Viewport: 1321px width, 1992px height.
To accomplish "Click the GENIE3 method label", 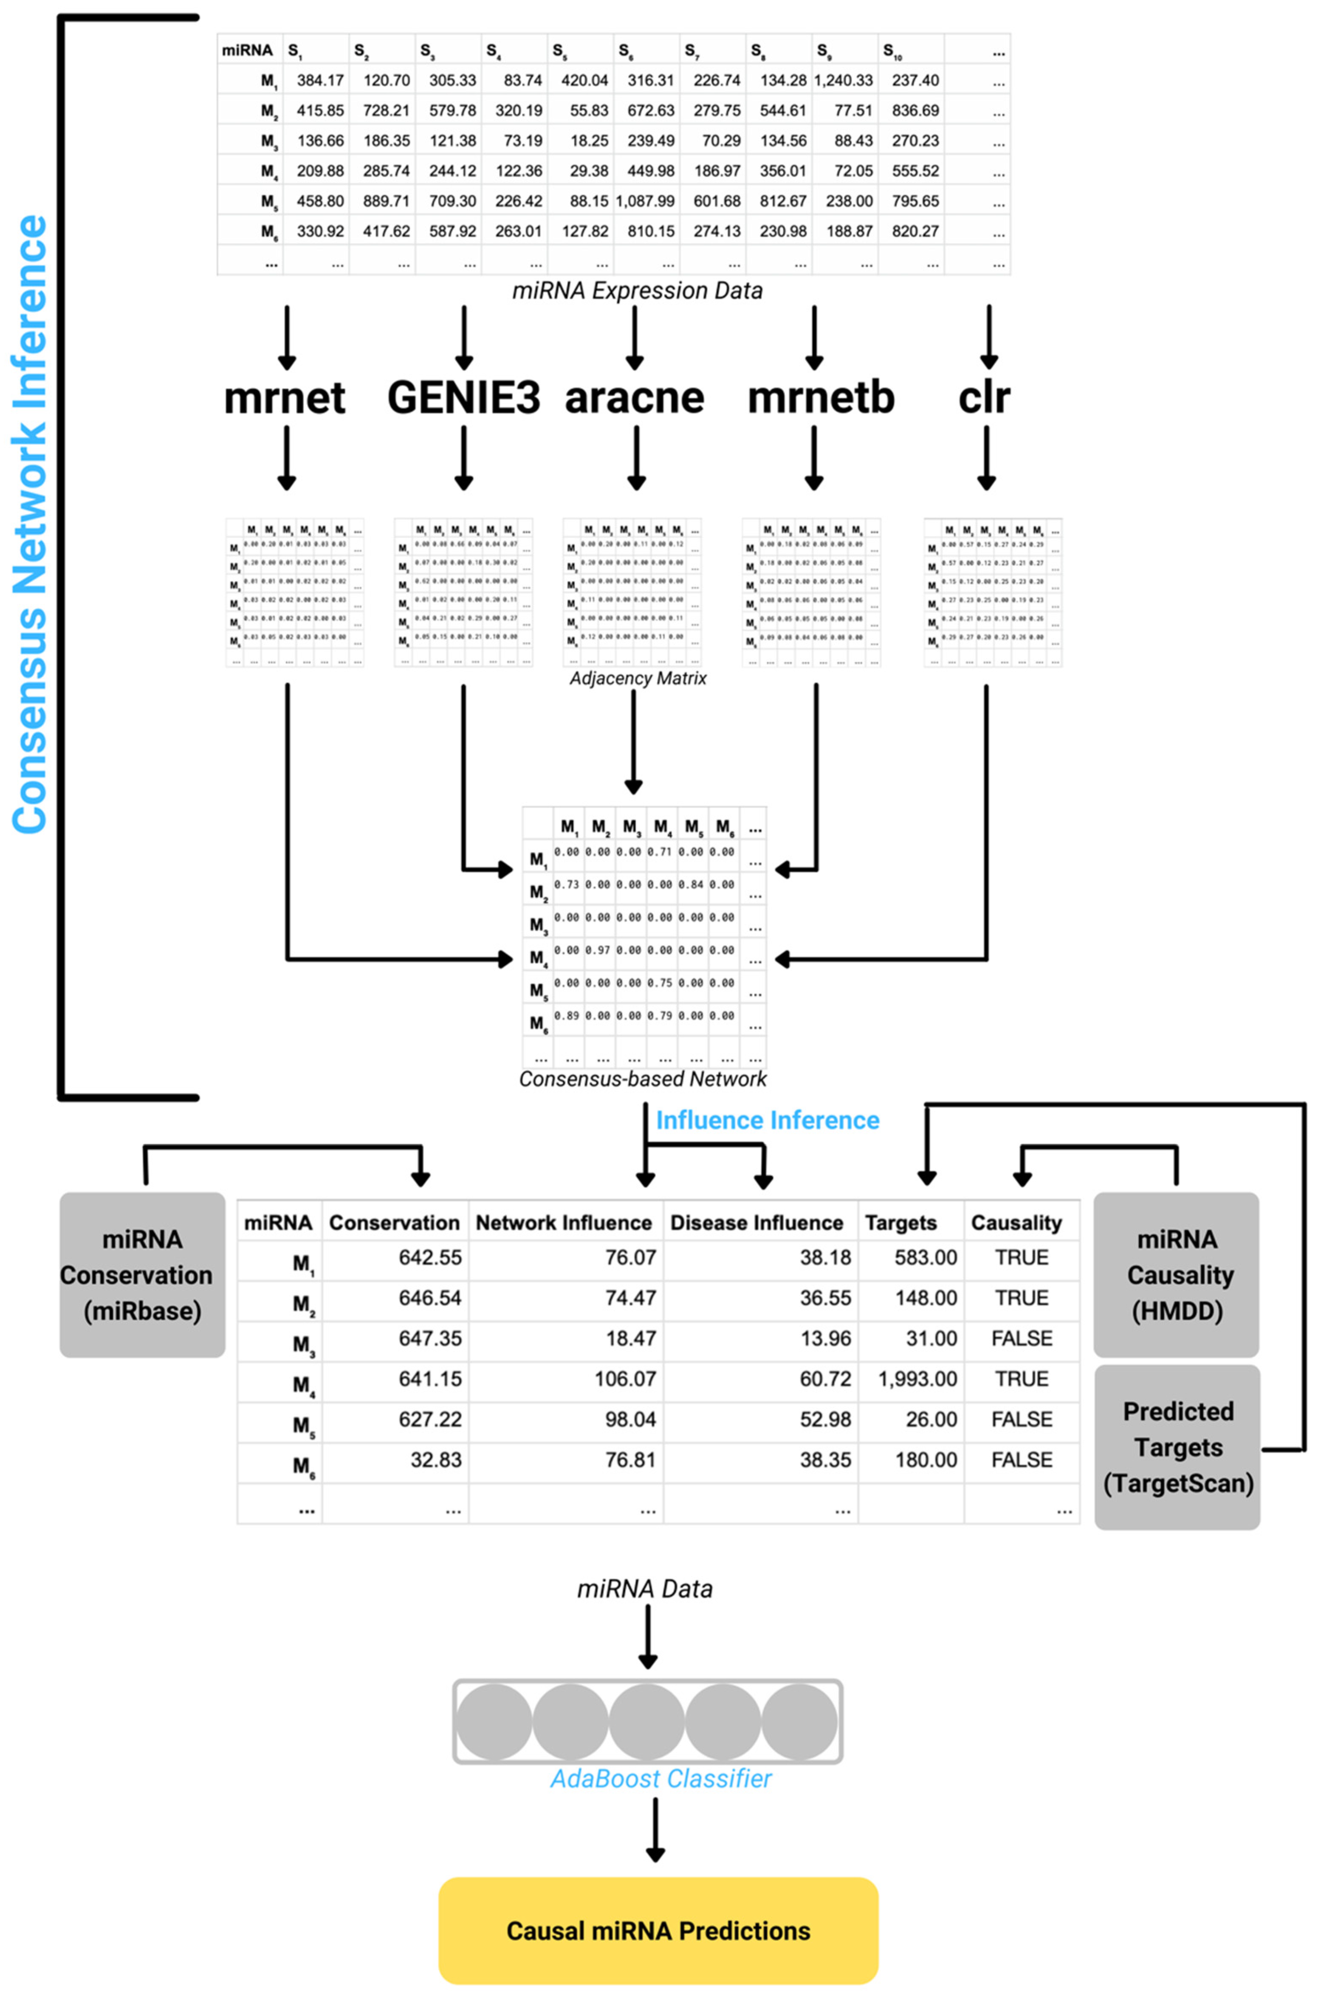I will coord(463,397).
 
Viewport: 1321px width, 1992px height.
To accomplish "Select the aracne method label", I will coord(635,397).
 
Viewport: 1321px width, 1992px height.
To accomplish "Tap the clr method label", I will coord(984,397).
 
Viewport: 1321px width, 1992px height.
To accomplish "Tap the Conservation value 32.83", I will coord(435,1459).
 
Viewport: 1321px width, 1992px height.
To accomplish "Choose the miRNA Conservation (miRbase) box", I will coord(142,1274).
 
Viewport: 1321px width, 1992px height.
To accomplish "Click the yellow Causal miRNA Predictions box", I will coord(658,1930).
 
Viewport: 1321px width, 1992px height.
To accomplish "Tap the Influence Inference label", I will coord(768,1120).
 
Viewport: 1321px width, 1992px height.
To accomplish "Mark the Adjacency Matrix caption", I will coord(638,678).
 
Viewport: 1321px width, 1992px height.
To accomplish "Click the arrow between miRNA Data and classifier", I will coord(647,1636).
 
